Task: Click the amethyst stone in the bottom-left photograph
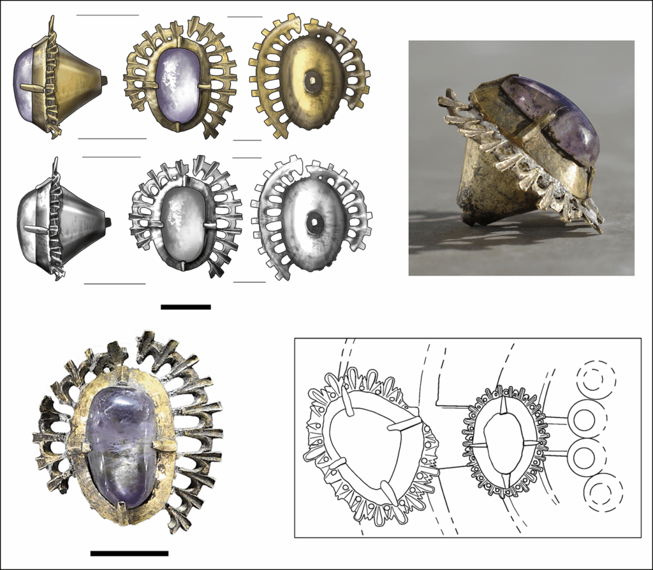121,446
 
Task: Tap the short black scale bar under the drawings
186,307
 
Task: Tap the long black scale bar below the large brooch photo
129,553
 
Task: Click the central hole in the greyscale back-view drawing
314,223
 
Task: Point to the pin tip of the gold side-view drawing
104,80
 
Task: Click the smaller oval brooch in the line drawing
504,440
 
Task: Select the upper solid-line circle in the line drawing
583,419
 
